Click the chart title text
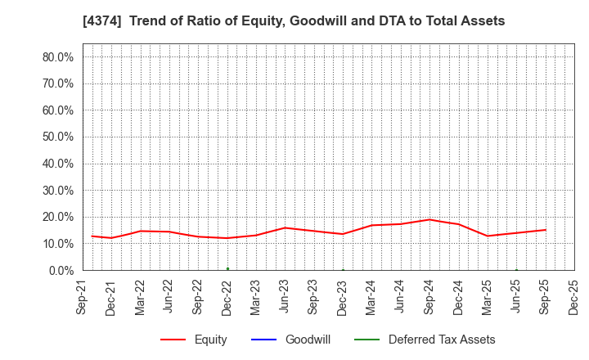(x=294, y=21)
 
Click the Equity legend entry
(x=194, y=340)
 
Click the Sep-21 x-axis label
(x=83, y=299)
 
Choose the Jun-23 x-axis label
(x=285, y=299)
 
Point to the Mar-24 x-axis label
(x=371, y=299)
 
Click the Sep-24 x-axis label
(x=429, y=299)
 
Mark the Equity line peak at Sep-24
(x=429, y=219)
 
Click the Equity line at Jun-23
(x=285, y=227)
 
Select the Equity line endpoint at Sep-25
(x=546, y=230)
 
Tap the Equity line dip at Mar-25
(x=488, y=236)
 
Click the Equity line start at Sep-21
(x=92, y=236)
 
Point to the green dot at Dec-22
(x=227, y=268)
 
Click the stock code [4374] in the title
(x=102, y=21)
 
